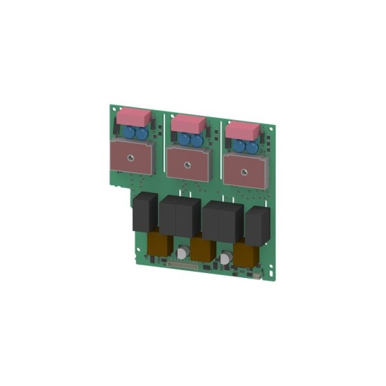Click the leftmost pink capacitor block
pyautogui.click(x=135, y=116)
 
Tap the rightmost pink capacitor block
pyautogui.click(x=243, y=131)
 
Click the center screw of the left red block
pyautogui.click(x=132, y=157)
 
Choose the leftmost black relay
pyautogui.click(x=145, y=212)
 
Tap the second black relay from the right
pyautogui.click(x=220, y=221)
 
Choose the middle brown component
pyautogui.click(x=203, y=249)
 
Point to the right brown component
pyautogui.click(x=246, y=254)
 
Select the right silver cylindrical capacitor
pyautogui.click(x=226, y=258)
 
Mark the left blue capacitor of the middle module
pyautogui.click(x=185, y=139)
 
